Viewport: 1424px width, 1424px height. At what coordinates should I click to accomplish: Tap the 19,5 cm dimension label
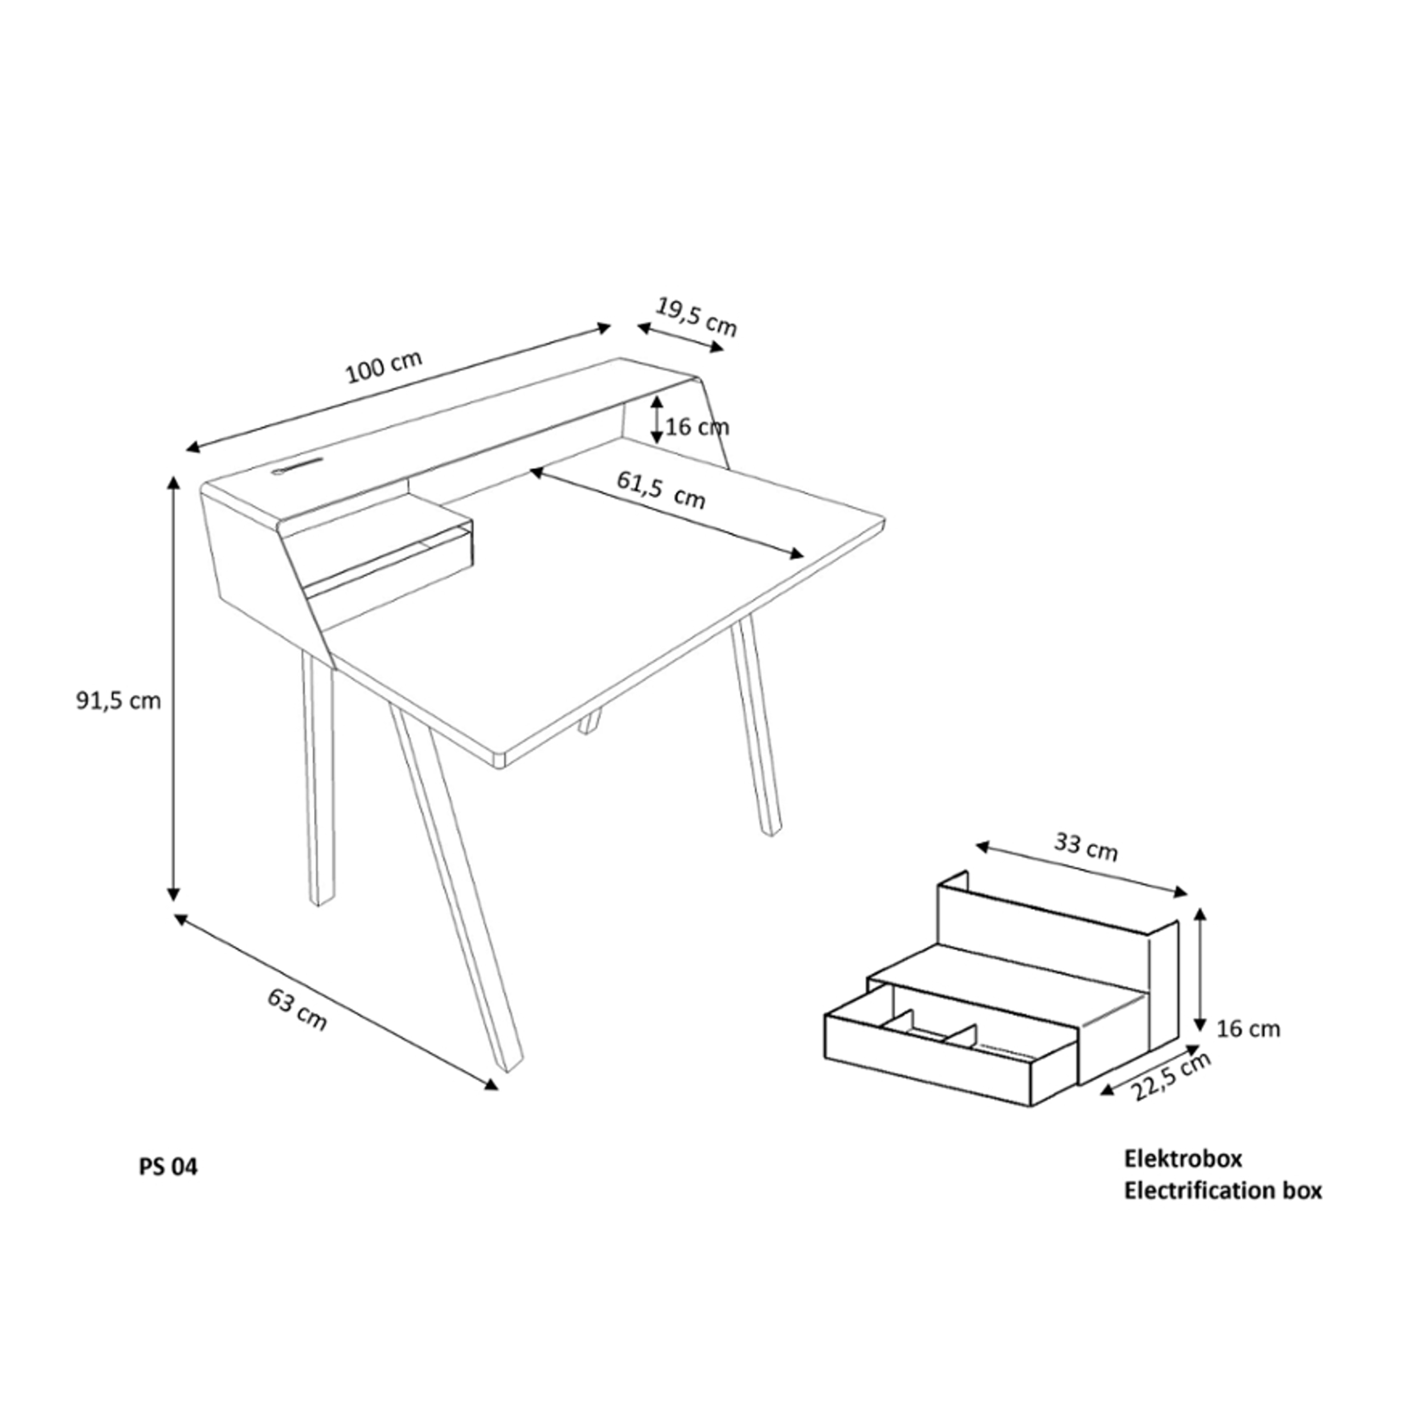click(x=696, y=317)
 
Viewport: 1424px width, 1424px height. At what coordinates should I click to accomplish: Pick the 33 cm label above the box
click(x=1086, y=847)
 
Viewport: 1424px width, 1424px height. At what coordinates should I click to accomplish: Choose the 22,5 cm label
click(x=1171, y=1077)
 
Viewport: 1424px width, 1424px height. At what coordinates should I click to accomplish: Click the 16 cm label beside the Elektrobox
click(x=1248, y=1028)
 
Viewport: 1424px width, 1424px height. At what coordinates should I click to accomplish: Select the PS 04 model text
click(x=168, y=1168)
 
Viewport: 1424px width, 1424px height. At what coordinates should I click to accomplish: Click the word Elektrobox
click(x=1182, y=1159)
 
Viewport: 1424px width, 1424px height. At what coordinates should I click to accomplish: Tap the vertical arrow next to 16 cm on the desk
click(x=657, y=419)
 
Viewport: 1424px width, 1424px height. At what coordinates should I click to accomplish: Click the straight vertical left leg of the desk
click(x=318, y=781)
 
